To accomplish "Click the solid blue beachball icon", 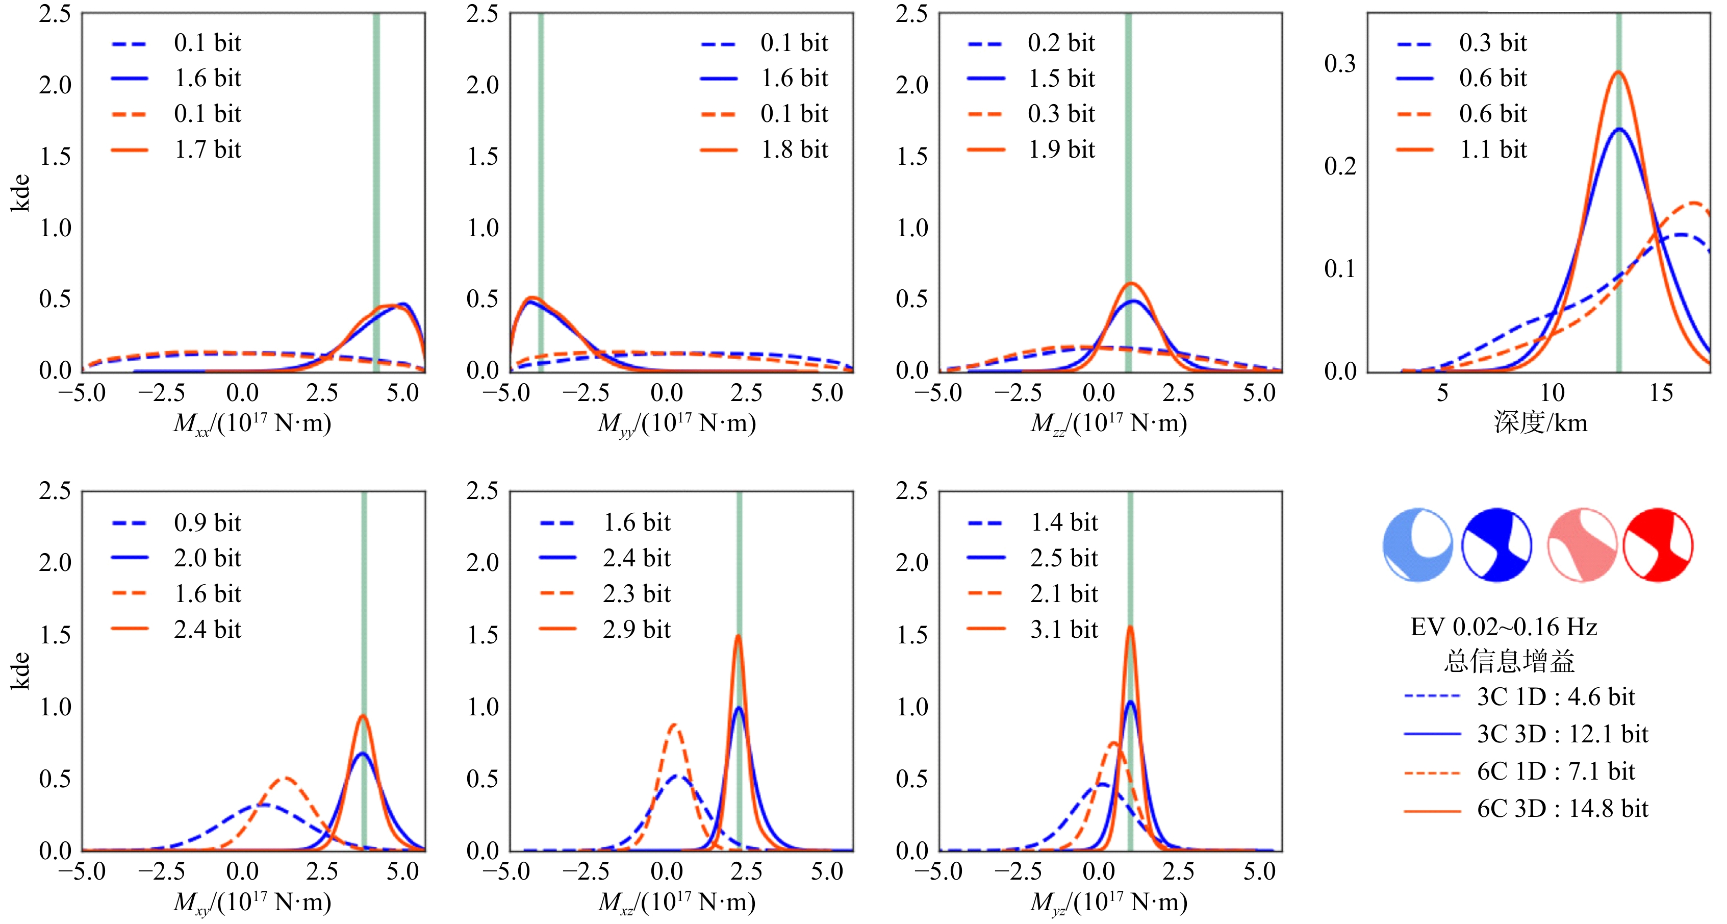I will (1496, 544).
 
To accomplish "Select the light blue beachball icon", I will (1417, 544).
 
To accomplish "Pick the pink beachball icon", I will (1582, 544).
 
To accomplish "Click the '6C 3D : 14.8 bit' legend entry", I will (1562, 809).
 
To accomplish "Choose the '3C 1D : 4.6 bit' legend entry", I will (1556, 696).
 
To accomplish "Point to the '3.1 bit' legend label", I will (1064, 629).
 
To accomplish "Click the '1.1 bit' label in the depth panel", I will (1493, 149).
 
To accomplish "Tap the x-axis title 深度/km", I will (1540, 422).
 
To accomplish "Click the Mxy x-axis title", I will (252, 902).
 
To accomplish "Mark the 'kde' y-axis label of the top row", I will (21, 193).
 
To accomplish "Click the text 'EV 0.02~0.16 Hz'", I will (1504, 627).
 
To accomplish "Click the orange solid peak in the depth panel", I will (1618, 72).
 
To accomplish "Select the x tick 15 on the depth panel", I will (1661, 393).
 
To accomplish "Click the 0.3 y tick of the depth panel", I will (1339, 64).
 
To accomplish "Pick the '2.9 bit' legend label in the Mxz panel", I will (636, 629).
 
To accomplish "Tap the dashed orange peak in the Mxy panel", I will (286, 779).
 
